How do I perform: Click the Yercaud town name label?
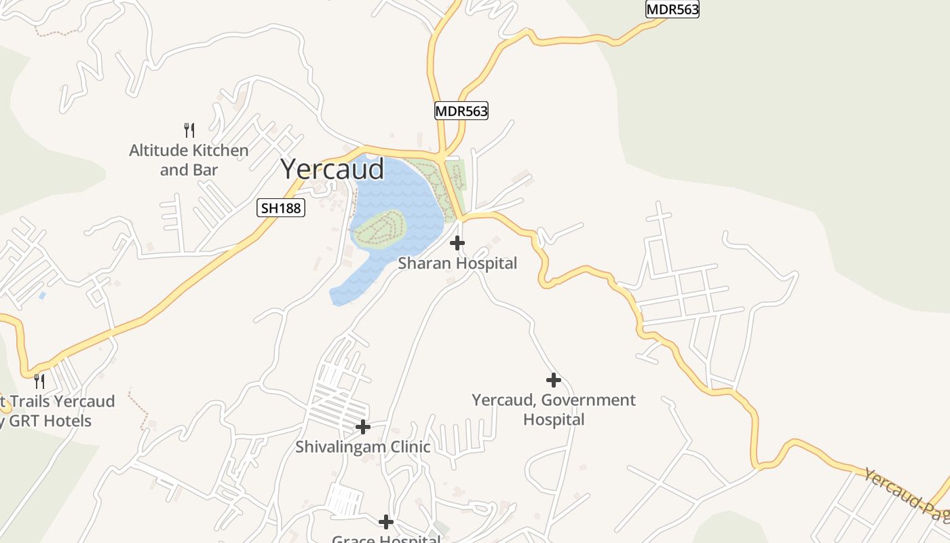(x=332, y=169)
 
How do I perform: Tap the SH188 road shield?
(x=281, y=208)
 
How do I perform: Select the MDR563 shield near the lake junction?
(x=461, y=111)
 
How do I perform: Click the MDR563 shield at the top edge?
(x=672, y=9)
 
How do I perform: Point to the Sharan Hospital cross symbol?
(x=457, y=242)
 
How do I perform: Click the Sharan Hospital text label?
(x=457, y=263)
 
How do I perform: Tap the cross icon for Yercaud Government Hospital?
(x=554, y=380)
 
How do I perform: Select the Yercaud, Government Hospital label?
(x=554, y=409)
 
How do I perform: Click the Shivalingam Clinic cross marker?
(x=363, y=427)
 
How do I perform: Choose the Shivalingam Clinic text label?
(x=363, y=447)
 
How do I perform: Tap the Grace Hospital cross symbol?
(x=386, y=522)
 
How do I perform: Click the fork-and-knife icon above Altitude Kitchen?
(x=189, y=130)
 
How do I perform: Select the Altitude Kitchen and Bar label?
(x=189, y=160)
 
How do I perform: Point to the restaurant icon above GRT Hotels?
(x=39, y=381)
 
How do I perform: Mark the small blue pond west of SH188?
(x=43, y=296)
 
